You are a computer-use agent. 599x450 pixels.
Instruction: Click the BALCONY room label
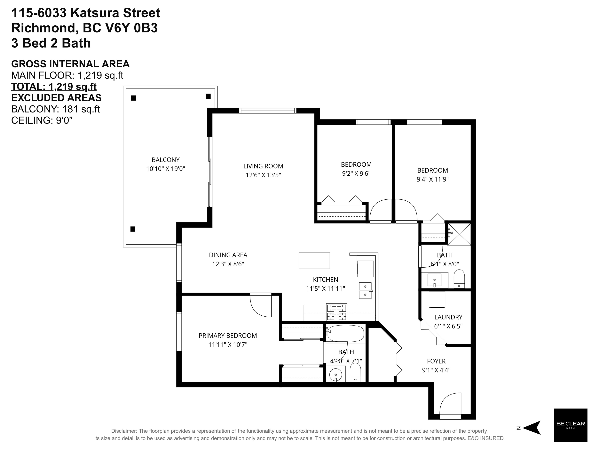pyautogui.click(x=165, y=160)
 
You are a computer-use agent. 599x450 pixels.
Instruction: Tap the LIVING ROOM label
pyautogui.click(x=263, y=166)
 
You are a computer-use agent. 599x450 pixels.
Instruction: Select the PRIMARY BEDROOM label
pyautogui.click(x=228, y=336)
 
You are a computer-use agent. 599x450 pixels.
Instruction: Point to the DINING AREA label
pyautogui.click(x=228, y=255)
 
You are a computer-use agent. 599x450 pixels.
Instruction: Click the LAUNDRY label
pyautogui.click(x=448, y=317)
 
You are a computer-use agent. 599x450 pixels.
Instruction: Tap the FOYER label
pyautogui.click(x=436, y=361)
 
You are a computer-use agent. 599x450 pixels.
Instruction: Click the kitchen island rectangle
pyautogui.click(x=314, y=261)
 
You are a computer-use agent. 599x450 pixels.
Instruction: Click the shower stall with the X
pyautogui.click(x=459, y=234)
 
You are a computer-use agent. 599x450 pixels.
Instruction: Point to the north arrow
pyautogui.click(x=531, y=428)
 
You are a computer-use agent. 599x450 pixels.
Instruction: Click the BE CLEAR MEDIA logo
pyautogui.click(x=571, y=425)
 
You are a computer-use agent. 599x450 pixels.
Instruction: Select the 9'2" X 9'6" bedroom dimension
pyautogui.click(x=356, y=173)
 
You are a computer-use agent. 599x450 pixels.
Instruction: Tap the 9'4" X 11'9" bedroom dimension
pyautogui.click(x=432, y=179)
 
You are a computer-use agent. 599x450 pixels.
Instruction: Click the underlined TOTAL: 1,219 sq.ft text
pyautogui.click(x=54, y=87)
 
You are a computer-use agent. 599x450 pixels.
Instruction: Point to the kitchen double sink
pyautogui.click(x=365, y=290)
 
